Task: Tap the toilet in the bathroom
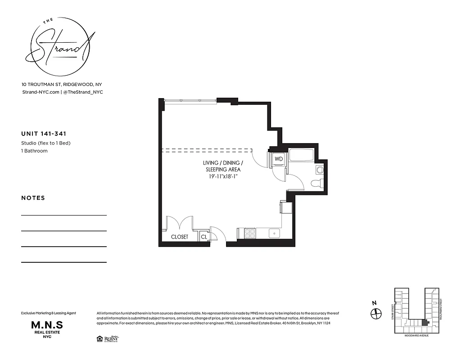click(x=317, y=183)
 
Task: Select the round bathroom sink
click(x=320, y=170)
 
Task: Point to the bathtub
click(x=303, y=155)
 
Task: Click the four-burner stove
click(x=250, y=233)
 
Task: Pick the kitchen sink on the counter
click(x=274, y=233)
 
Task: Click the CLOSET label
click(x=180, y=237)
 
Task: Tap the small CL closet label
click(x=204, y=237)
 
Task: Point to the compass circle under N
click(x=376, y=314)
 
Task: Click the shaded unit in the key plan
click(x=424, y=323)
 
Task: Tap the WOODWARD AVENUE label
click(x=416, y=335)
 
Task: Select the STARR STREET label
click(x=392, y=310)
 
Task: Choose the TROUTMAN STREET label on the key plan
click(x=442, y=309)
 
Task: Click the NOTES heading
click(x=33, y=198)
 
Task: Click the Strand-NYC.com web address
click(x=40, y=92)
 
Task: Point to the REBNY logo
click(x=111, y=338)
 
